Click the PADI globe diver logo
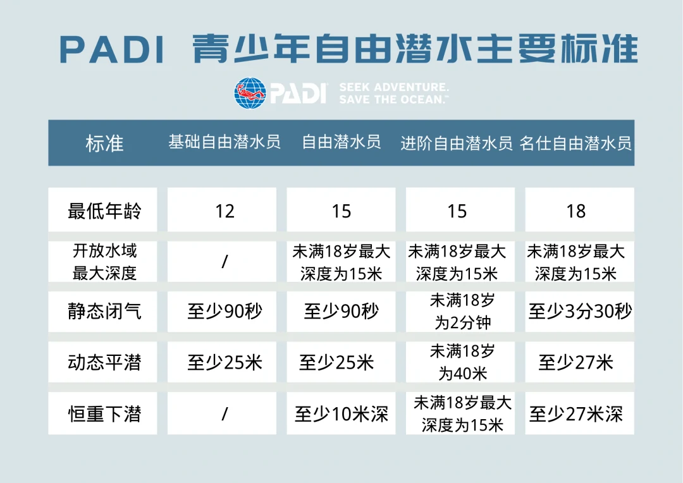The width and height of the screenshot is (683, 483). (250, 93)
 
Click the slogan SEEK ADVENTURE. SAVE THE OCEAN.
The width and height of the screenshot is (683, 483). (393, 93)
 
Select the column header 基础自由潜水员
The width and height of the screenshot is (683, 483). (225, 142)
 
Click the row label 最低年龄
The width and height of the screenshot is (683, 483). (104, 211)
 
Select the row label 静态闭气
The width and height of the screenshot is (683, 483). (104, 312)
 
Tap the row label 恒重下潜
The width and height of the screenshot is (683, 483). (104, 414)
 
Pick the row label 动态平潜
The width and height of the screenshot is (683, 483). (104, 363)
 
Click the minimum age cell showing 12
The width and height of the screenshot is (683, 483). (225, 211)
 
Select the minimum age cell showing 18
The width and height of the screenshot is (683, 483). (576, 211)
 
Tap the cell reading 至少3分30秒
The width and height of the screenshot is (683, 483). (580, 312)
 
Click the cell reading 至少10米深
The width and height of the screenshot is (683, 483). (341, 414)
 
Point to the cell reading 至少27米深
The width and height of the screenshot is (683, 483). (576, 414)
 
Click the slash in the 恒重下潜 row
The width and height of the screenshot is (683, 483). (225, 414)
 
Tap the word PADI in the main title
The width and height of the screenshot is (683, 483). (113, 49)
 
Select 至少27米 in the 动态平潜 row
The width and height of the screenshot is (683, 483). (576, 363)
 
